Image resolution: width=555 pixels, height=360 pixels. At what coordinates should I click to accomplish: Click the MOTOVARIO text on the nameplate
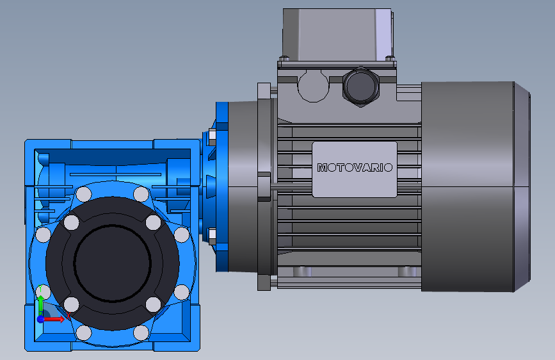(355, 168)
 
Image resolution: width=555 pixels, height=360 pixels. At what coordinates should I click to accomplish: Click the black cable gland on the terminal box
(360, 86)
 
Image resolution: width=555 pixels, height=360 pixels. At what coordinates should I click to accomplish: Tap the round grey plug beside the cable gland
(314, 86)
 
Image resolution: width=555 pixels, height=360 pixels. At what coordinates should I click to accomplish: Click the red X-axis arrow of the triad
(54, 319)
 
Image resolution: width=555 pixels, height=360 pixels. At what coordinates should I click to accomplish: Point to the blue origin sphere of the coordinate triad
(40, 319)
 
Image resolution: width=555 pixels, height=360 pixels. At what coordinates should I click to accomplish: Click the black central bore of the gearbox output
(113, 263)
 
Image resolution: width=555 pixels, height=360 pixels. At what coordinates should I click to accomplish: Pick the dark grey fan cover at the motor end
(467, 187)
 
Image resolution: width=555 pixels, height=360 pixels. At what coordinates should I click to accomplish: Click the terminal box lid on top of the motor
(337, 35)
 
